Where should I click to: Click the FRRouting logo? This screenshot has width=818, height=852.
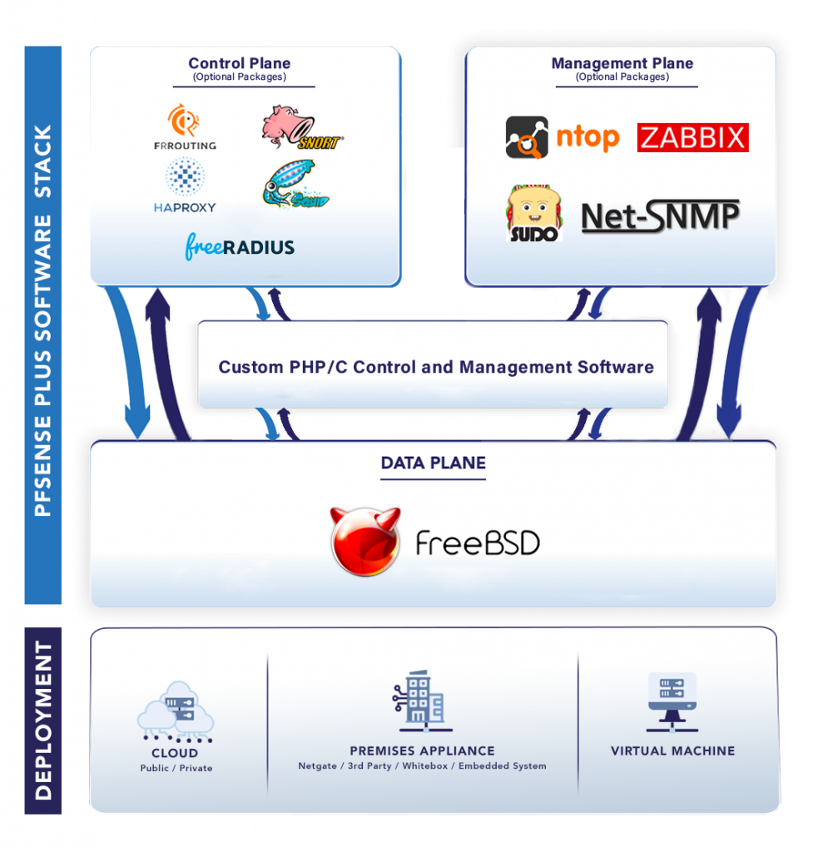pyautogui.click(x=185, y=126)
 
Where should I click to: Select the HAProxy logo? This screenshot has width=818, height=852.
pyautogui.click(x=185, y=186)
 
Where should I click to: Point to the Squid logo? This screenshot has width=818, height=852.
pyautogui.click(x=294, y=185)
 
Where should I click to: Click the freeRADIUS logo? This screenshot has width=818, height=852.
pyautogui.click(x=240, y=247)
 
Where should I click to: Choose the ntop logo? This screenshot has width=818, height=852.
pyautogui.click(x=563, y=137)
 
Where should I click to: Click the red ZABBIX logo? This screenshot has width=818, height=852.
pyautogui.click(x=692, y=137)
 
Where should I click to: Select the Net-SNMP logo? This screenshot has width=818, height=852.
pyautogui.click(x=660, y=216)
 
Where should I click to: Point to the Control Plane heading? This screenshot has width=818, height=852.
pyautogui.click(x=240, y=63)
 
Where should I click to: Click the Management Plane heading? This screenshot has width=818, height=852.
pyautogui.click(x=622, y=63)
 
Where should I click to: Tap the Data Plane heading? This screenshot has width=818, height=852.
pyautogui.click(x=433, y=463)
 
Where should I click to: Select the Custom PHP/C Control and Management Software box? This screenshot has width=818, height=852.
pyautogui.click(x=434, y=366)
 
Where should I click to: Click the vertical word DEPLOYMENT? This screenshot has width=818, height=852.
pyautogui.click(x=43, y=720)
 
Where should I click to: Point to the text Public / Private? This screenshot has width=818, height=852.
pyautogui.click(x=176, y=768)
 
